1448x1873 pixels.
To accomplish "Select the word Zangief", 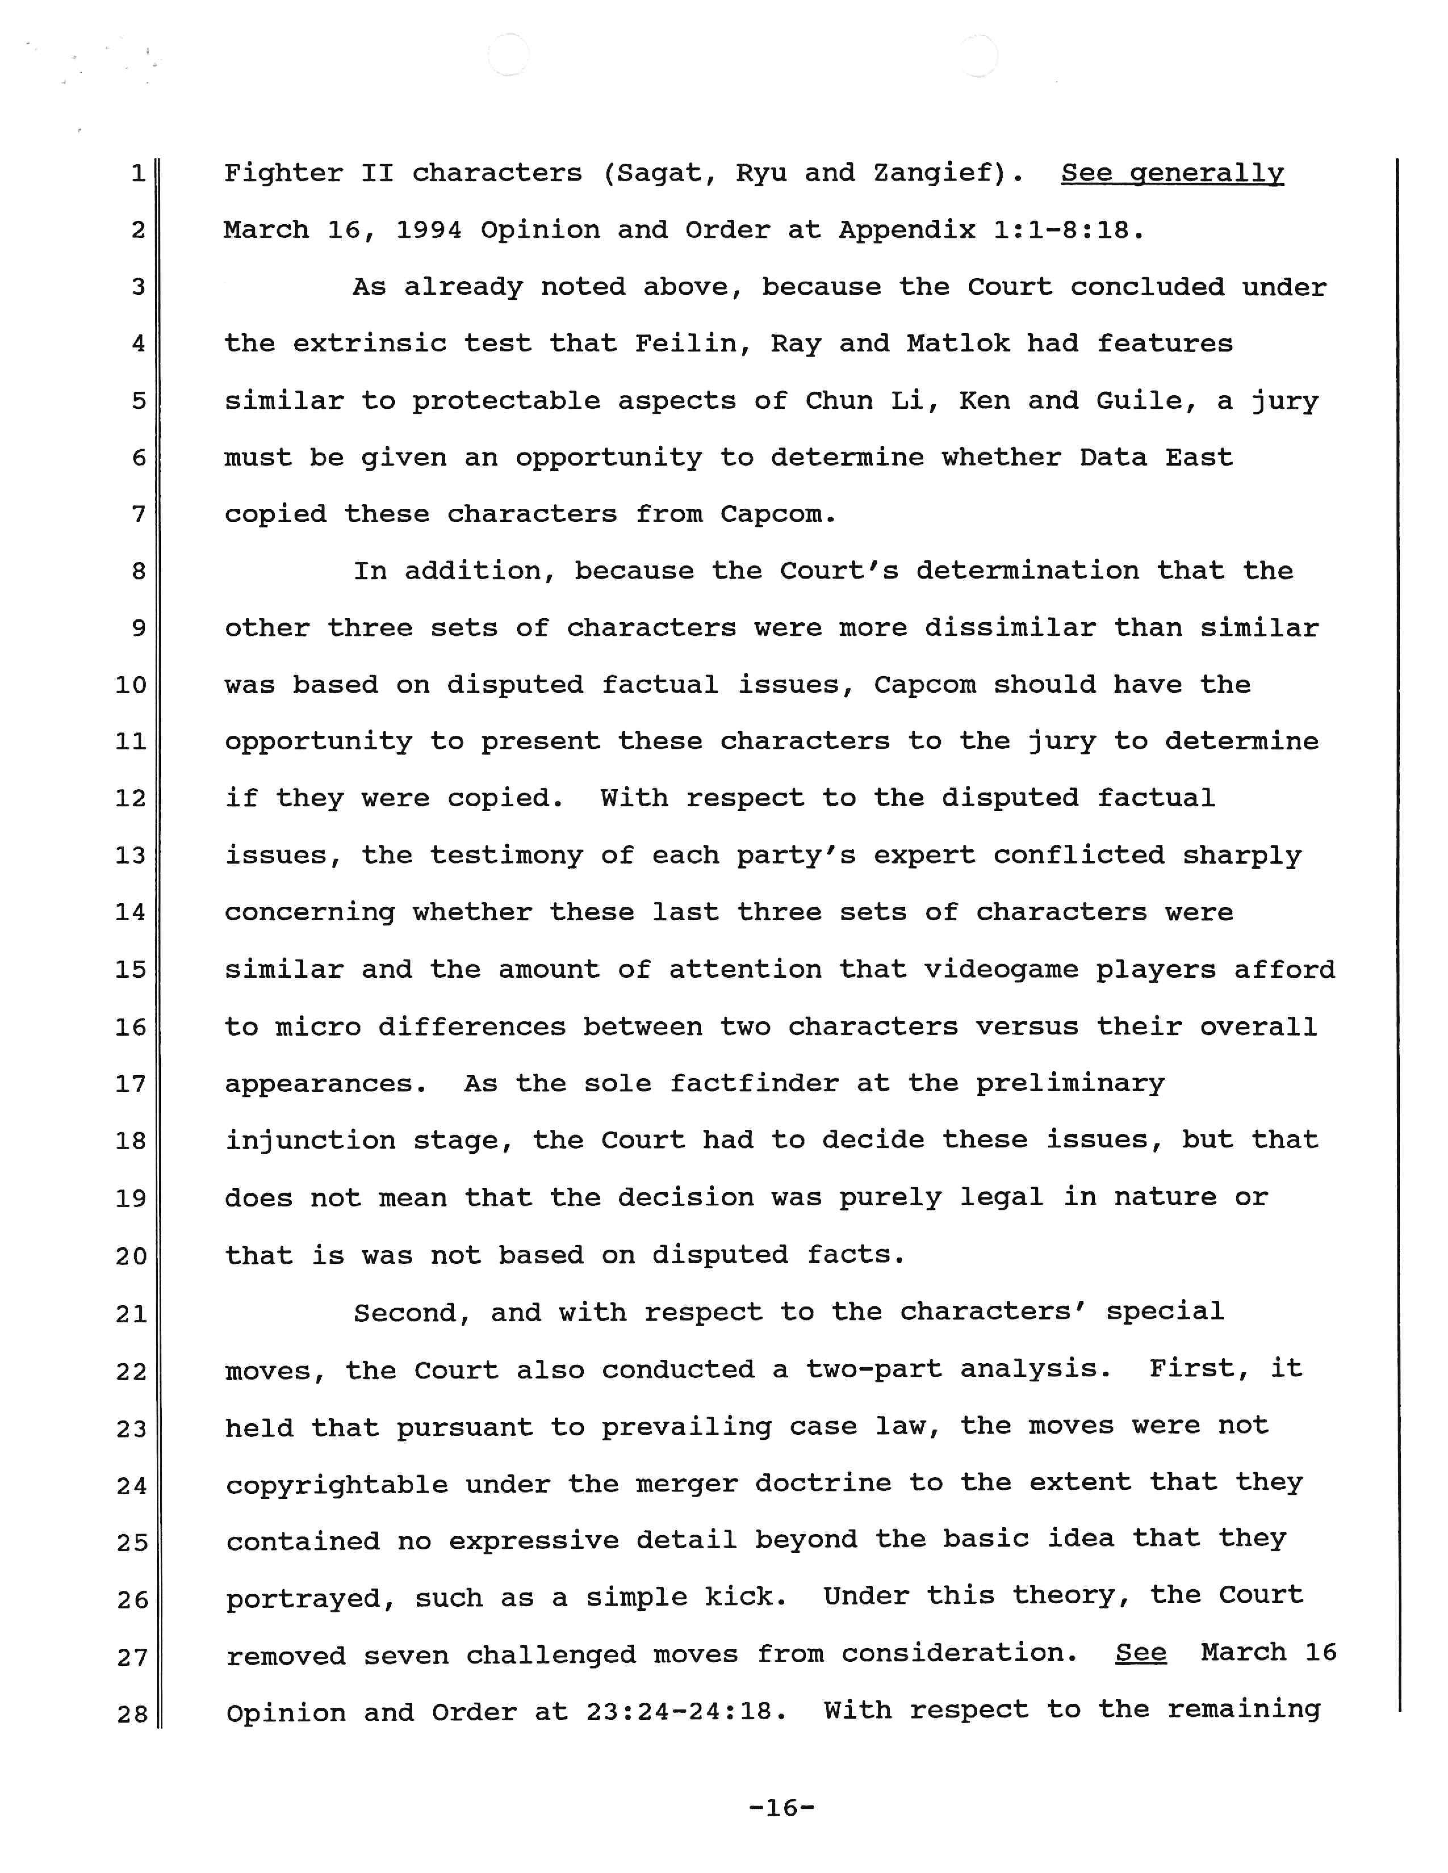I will tap(938, 173).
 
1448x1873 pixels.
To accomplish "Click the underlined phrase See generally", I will tap(1172, 173).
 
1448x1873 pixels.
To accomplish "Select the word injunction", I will tap(310, 1141).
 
